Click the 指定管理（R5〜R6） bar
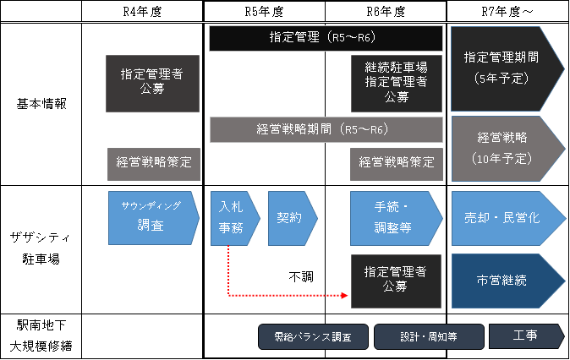point(326,38)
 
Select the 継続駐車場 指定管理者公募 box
point(396,83)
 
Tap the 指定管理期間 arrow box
point(501,68)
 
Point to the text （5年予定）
point(502,79)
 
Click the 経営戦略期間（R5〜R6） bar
point(326,129)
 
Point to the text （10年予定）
point(502,158)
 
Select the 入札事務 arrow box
point(233,217)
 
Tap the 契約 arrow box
point(290,217)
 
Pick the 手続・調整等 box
point(394,217)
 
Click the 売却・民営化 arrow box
point(504,217)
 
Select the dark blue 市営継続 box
point(504,280)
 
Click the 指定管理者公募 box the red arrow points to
point(395,280)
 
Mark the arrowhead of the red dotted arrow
point(345,296)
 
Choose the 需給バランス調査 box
point(314,337)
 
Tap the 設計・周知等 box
point(429,337)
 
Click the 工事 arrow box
point(524,336)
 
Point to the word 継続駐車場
point(396,68)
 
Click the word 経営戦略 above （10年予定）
point(502,137)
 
